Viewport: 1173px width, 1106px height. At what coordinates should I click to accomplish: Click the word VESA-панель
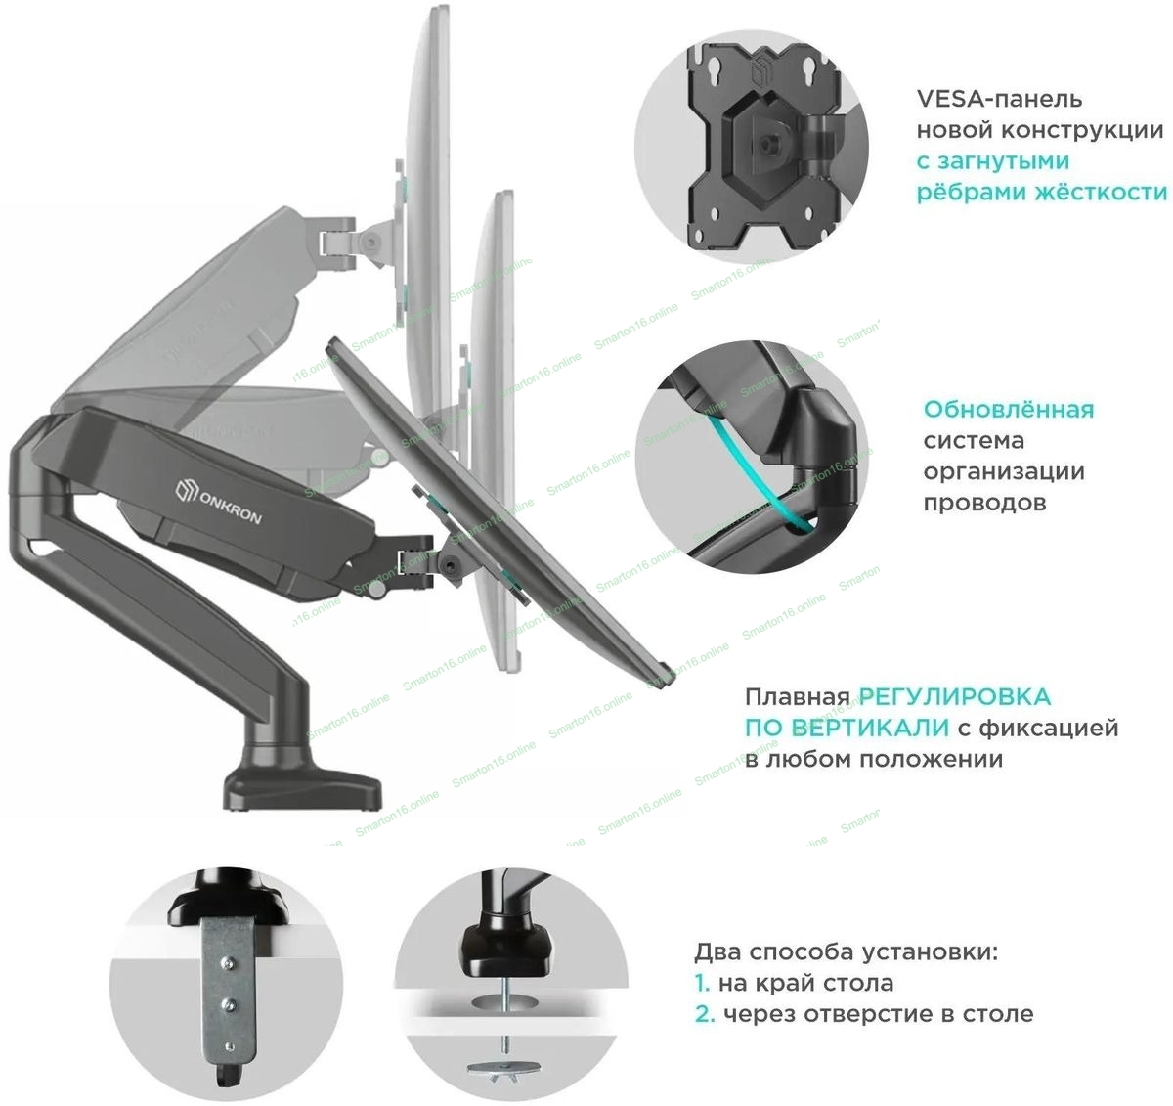(985, 99)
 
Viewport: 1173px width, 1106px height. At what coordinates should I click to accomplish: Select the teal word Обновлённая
(1009, 409)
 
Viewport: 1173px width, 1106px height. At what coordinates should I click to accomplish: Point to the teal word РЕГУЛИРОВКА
(955, 697)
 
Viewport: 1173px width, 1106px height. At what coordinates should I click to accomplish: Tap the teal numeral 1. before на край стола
(702, 983)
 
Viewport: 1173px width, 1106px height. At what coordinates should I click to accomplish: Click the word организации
(1004, 471)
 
